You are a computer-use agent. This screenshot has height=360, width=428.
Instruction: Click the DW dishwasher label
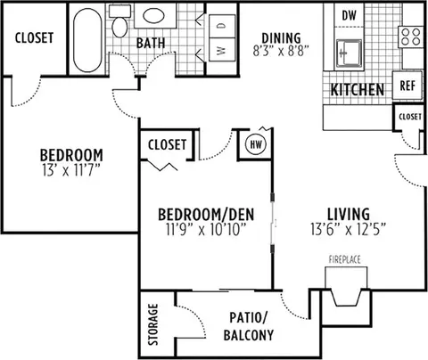click(349, 15)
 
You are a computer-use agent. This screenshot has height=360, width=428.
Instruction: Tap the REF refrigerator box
click(407, 86)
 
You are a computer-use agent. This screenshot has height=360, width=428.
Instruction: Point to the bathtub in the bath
click(87, 40)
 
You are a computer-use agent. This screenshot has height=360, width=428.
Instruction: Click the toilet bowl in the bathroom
click(119, 27)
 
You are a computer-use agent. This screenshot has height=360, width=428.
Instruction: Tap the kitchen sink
click(349, 53)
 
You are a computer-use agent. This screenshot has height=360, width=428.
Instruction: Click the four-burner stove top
click(410, 37)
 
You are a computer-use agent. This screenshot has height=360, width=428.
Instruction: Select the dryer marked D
click(222, 26)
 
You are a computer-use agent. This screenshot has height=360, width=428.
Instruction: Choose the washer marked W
click(222, 50)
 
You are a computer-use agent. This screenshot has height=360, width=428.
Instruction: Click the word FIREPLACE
click(344, 259)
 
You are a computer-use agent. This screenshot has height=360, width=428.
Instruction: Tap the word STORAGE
click(153, 324)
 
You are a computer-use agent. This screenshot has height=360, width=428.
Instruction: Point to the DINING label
click(281, 38)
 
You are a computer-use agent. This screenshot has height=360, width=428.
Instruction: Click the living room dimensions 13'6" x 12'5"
click(349, 229)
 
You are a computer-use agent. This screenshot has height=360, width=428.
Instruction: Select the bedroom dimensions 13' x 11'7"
click(70, 170)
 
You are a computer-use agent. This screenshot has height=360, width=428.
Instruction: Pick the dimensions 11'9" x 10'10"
click(206, 229)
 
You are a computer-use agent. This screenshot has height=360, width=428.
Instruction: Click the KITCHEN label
click(358, 90)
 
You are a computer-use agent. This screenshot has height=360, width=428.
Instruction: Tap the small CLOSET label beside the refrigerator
click(410, 117)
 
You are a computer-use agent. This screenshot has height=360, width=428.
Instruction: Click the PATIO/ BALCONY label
click(249, 326)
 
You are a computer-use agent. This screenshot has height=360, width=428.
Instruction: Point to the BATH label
click(151, 43)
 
